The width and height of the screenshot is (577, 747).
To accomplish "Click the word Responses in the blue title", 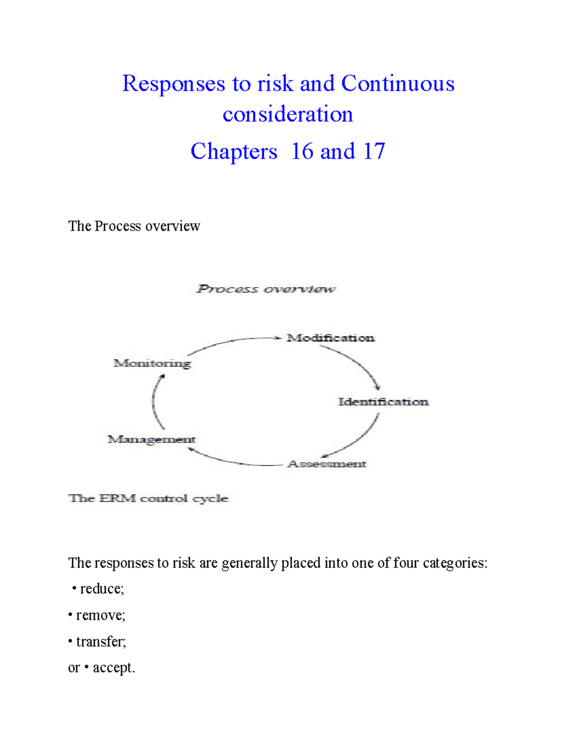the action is pos(174,84).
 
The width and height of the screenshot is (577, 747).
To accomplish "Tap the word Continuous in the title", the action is pos(398,84).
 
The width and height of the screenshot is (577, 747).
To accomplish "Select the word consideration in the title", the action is pos(288,114).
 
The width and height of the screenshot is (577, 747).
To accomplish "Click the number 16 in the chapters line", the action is pos(302,152).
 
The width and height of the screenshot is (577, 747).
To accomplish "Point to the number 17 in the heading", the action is pos(374,152).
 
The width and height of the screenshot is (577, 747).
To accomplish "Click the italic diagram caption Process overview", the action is pos(266,289).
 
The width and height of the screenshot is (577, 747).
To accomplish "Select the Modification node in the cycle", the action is pos(330,338).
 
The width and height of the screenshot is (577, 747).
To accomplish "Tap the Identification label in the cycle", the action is pos(383,402).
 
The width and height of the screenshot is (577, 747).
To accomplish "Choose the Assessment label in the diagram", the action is pos(327,464).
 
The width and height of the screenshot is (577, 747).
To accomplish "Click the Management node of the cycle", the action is pos(151,440).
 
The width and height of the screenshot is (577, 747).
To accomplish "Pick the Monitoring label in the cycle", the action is pos(152,364).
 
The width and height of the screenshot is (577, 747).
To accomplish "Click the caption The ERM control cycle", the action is pos(148,499).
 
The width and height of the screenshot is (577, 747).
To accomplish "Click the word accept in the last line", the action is pos(113,668).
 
